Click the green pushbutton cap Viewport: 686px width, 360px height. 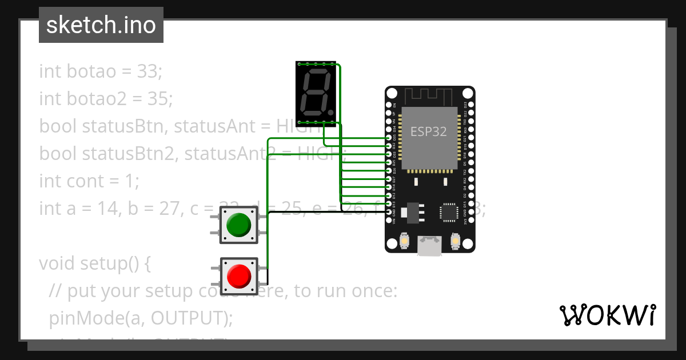click(239, 225)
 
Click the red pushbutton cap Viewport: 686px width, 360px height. click(239, 276)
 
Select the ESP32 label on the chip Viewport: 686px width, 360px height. click(429, 131)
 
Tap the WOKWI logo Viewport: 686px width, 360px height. click(607, 315)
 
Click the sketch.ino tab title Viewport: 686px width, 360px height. click(101, 25)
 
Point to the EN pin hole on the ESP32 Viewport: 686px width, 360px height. click(389, 105)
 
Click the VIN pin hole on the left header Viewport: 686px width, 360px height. click(389, 220)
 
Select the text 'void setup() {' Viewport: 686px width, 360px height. click(95, 263)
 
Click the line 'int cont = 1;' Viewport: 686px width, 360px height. click(89, 181)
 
